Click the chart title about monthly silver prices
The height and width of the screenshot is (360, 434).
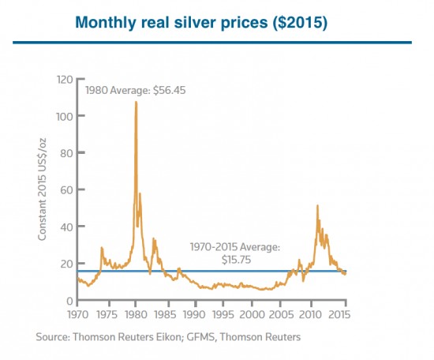pos(216,23)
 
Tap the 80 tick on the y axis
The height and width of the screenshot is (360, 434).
pos(68,153)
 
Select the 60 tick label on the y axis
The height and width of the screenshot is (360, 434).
pos(68,190)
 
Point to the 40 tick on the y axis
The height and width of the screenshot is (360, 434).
pos(68,227)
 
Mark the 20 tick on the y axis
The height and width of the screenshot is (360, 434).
pos(68,264)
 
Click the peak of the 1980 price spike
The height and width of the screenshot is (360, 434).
pos(136,102)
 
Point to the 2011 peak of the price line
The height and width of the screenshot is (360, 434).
pos(317,206)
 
